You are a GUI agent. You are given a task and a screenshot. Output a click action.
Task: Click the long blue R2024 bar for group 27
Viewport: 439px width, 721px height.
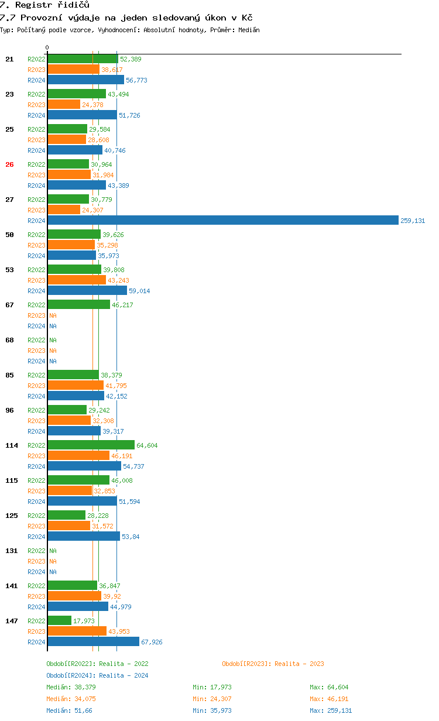click(222, 221)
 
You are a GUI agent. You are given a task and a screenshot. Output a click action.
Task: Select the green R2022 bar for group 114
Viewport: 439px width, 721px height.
click(91, 445)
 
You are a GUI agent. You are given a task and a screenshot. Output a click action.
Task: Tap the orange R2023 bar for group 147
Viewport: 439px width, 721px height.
click(77, 631)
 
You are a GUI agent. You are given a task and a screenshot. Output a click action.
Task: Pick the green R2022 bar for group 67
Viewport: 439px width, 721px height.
click(78, 305)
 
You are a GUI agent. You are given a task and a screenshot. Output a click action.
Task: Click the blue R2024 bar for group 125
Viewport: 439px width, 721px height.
click(84, 537)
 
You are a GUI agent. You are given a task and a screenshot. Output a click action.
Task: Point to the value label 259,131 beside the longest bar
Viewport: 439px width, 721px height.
click(413, 221)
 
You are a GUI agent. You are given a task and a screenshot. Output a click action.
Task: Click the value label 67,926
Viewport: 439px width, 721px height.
click(152, 642)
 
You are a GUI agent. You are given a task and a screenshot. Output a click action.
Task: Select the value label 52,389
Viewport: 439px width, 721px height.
click(131, 59)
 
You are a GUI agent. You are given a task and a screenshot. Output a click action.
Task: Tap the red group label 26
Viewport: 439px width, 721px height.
click(9, 164)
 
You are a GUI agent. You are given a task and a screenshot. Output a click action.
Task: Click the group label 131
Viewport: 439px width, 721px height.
click(12, 551)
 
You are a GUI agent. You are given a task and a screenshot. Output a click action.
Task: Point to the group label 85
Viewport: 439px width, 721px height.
click(9, 375)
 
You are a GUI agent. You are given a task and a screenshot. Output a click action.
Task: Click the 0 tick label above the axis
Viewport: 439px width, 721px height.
click(47, 47)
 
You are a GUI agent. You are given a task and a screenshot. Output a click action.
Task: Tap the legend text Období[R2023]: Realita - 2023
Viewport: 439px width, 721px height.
click(273, 664)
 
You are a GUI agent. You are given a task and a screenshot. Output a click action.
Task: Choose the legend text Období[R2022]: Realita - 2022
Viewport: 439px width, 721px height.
click(97, 664)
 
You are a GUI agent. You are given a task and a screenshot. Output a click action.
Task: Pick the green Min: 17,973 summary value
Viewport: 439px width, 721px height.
click(216, 687)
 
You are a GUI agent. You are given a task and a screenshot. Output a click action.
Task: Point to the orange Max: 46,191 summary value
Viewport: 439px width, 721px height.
click(331, 699)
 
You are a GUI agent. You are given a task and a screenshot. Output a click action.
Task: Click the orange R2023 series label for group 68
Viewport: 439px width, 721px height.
click(36, 351)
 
